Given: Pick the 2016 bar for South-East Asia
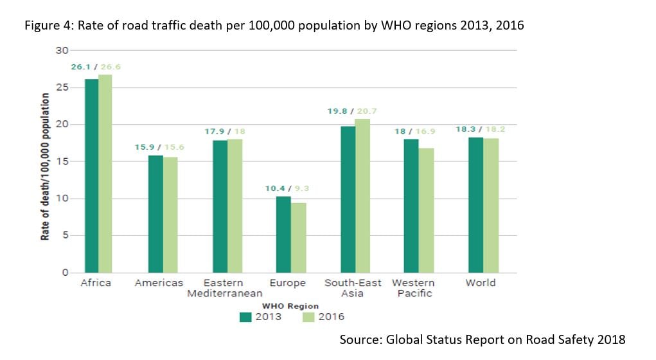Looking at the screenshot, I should pyautogui.click(x=362, y=195).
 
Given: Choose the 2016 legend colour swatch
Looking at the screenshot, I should pyautogui.click(x=308, y=317).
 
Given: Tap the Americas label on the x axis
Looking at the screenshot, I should pyautogui.click(x=159, y=283).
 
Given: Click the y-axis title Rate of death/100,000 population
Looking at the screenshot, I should pyautogui.click(x=45, y=166).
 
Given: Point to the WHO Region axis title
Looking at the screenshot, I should pyautogui.click(x=290, y=306).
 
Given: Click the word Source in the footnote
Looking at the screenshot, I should pyautogui.click(x=360, y=339).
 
